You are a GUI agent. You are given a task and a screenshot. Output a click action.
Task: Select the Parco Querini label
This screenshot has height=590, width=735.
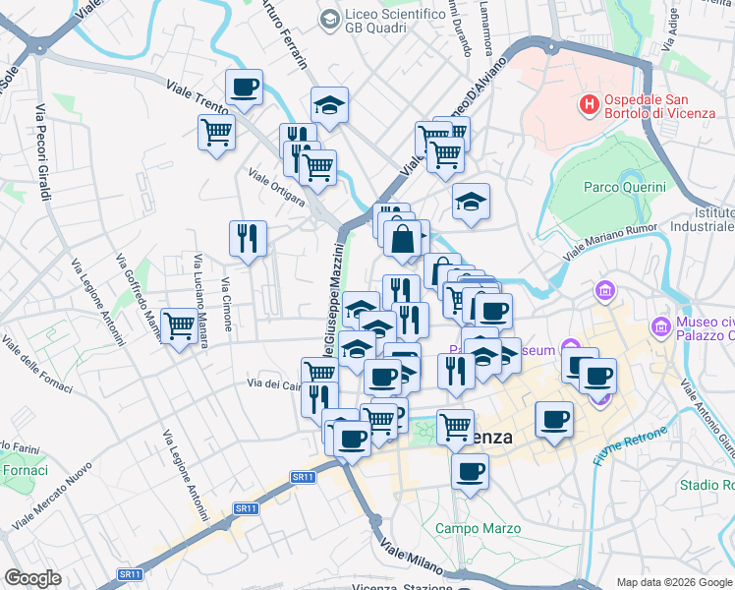(625, 187)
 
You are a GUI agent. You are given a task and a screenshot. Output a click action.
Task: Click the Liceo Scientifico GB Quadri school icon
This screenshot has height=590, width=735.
(328, 18)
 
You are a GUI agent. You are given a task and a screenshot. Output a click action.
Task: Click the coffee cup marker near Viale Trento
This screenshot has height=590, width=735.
(244, 88)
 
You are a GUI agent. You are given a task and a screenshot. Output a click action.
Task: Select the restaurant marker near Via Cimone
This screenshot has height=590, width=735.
(248, 238)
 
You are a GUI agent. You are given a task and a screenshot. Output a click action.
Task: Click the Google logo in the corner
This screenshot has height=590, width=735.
(32, 578)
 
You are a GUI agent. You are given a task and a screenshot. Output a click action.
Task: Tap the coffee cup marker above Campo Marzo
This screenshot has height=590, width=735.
(470, 473)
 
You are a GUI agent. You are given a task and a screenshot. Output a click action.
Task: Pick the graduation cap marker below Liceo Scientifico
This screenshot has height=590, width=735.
(330, 106)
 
